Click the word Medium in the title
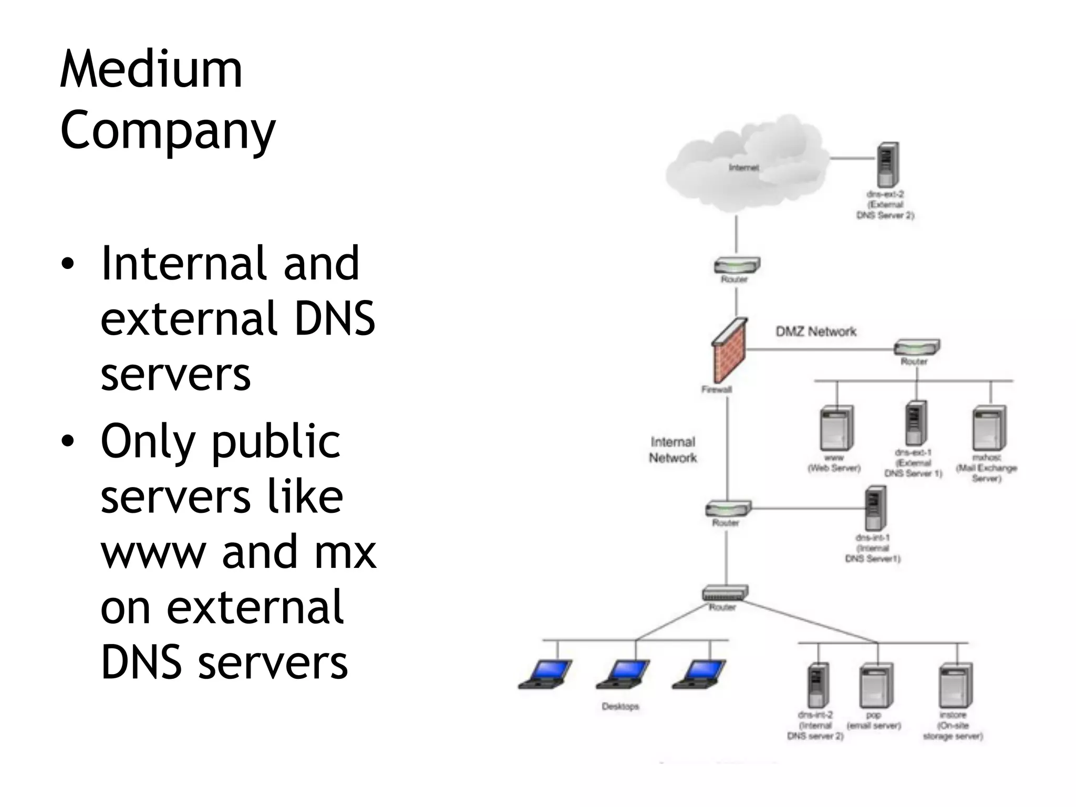tap(151, 69)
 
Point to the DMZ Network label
tap(816, 332)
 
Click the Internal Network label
tap(672, 450)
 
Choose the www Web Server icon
tap(836, 429)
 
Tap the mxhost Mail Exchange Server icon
tap(989, 428)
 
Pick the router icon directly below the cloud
tap(736, 265)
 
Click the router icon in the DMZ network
tap(916, 348)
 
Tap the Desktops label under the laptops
tap(620, 707)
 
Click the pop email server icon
tap(876, 686)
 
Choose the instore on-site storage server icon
tap(956, 686)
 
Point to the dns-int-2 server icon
tap(818, 686)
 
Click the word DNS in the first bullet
tap(334, 318)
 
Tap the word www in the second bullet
tap(153, 552)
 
